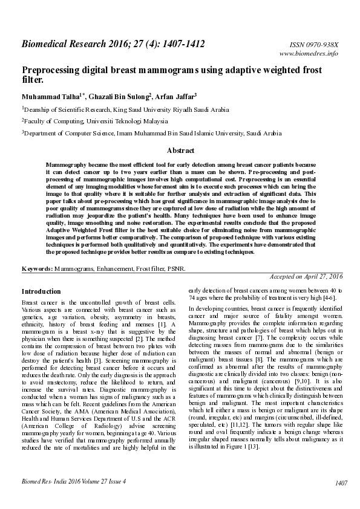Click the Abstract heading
pos(180,151)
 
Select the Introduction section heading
pos(41,291)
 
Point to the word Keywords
pos(36,267)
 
